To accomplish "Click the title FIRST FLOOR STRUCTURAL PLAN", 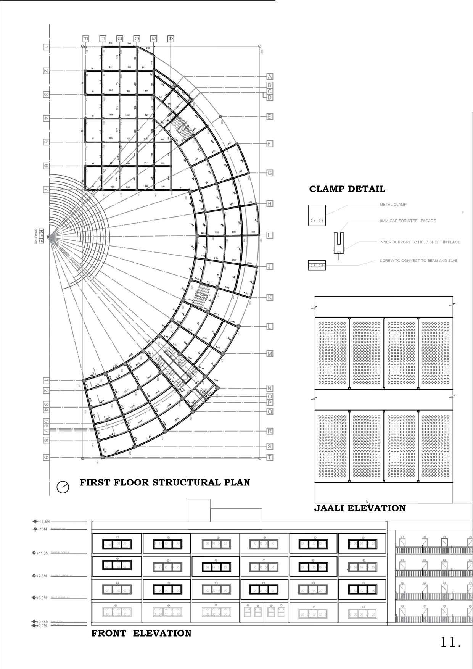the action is point(165,482).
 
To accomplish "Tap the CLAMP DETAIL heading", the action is point(347,189).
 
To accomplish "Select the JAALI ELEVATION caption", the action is point(360,508).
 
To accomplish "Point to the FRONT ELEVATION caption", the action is point(141,633).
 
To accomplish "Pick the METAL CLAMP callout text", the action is point(393,205).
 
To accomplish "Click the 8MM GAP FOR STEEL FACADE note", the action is point(407,221).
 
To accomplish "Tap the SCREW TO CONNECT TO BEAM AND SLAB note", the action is point(418,261).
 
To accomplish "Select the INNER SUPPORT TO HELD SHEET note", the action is point(420,242).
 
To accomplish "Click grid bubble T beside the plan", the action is point(270,458).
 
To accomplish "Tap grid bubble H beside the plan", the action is point(270,204).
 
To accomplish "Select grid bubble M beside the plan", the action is point(270,354).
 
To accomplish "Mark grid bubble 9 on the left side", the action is point(46,458).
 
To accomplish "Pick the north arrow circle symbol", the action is point(63,487).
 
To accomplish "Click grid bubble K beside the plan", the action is point(270,297).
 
